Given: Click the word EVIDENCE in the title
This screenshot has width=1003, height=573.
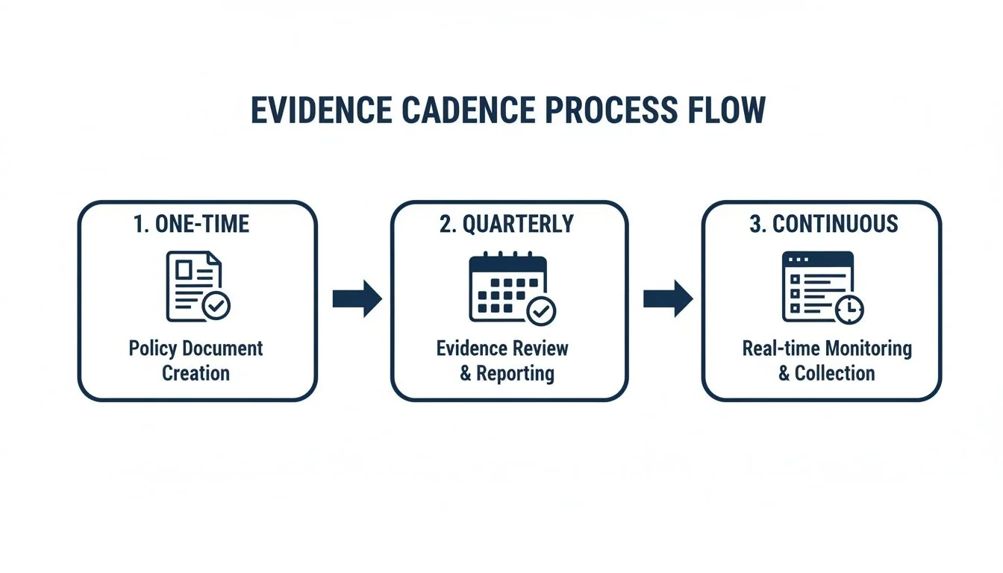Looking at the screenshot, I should (320, 110).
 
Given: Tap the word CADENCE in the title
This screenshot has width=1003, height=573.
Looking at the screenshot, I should (466, 110).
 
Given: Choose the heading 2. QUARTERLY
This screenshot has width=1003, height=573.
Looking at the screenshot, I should (507, 224).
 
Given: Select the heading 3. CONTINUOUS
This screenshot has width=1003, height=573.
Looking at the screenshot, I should (823, 224).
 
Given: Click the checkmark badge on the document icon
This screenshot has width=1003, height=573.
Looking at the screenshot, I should (217, 306).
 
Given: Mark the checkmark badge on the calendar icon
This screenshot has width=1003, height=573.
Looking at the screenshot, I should (541, 310).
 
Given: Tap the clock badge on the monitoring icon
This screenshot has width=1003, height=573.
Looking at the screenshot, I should (849, 309).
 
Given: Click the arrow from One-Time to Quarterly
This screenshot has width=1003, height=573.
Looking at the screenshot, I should (357, 299).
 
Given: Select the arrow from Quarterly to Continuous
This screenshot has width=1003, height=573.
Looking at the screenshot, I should (668, 299).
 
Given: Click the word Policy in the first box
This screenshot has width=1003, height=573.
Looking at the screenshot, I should (153, 348).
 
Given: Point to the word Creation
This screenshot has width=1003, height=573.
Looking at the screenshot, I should (196, 372).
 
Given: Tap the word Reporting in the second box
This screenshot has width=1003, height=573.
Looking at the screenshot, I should (515, 373).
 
